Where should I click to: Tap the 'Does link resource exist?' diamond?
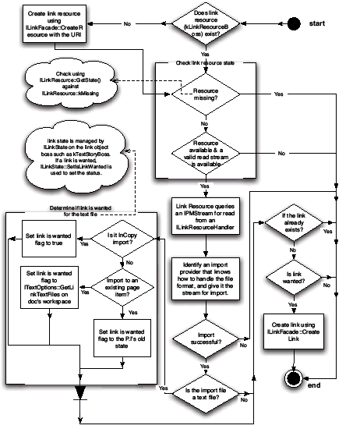pyautogui.click(x=204, y=24)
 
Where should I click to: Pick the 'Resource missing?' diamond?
pyautogui.click(x=204, y=95)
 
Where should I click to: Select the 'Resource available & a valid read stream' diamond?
pyautogui.click(x=204, y=153)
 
